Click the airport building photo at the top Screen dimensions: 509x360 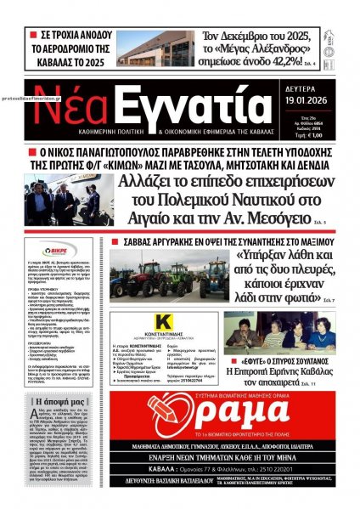point(139,48)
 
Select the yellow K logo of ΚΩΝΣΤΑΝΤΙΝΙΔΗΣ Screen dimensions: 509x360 point(143,321)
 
